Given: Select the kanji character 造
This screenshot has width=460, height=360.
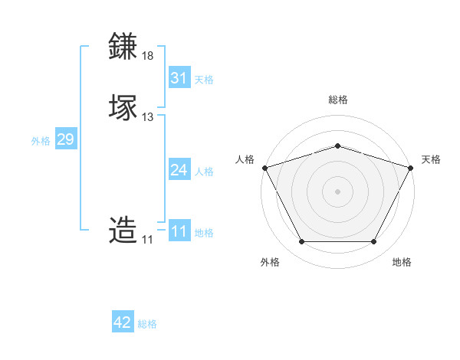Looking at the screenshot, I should click(x=123, y=230).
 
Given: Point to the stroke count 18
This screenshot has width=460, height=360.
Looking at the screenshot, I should click(x=148, y=56).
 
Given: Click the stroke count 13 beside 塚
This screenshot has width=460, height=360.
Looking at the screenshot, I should click(x=148, y=117).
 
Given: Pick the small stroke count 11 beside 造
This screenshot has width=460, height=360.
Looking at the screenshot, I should click(x=147, y=240).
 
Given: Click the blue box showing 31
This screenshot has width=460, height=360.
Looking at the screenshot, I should click(x=179, y=78).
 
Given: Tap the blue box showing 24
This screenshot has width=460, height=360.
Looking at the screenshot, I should click(x=179, y=170).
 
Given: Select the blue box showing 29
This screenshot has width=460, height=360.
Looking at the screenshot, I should click(x=65, y=139).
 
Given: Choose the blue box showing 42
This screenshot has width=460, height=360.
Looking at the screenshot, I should click(x=123, y=322).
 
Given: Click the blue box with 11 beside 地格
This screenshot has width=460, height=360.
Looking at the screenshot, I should click(x=179, y=231).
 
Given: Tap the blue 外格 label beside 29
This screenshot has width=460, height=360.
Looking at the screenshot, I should click(x=40, y=141).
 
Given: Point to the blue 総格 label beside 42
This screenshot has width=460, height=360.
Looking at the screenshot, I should click(x=147, y=324).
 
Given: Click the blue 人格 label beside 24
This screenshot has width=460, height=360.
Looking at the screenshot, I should click(x=204, y=172).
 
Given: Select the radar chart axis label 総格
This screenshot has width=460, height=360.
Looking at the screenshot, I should click(x=337, y=100).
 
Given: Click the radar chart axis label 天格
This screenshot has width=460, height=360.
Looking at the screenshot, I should click(x=431, y=159).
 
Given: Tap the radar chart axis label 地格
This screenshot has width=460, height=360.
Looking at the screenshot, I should click(x=402, y=262).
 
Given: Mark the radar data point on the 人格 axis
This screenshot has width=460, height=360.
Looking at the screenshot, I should click(x=264, y=167).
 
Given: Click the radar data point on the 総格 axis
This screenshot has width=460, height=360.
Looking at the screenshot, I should click(x=337, y=146).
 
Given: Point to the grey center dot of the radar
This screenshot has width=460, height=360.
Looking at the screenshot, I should click(x=337, y=191).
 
